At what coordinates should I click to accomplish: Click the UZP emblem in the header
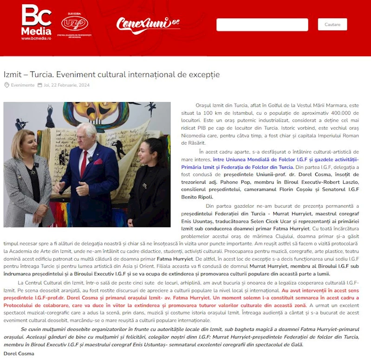tap(75, 24)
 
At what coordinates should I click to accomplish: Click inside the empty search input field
tap(262, 25)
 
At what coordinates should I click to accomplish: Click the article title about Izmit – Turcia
tap(111, 74)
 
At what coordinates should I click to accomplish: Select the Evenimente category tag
tap(22, 85)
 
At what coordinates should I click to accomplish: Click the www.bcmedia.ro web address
tap(36, 39)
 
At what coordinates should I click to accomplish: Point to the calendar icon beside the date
tap(40, 85)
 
